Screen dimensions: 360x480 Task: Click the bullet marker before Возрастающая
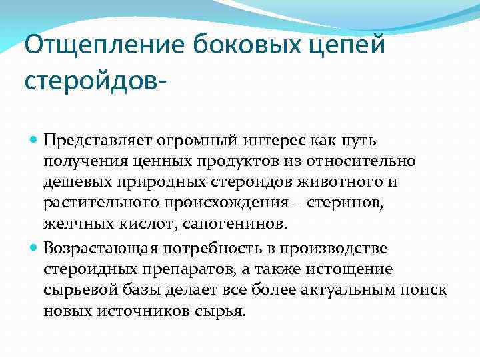click(x=34, y=248)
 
